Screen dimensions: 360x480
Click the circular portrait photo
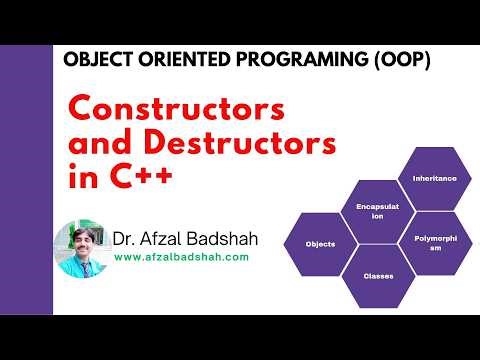coord(80,248)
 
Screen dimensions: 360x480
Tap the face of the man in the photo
coord(77,240)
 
